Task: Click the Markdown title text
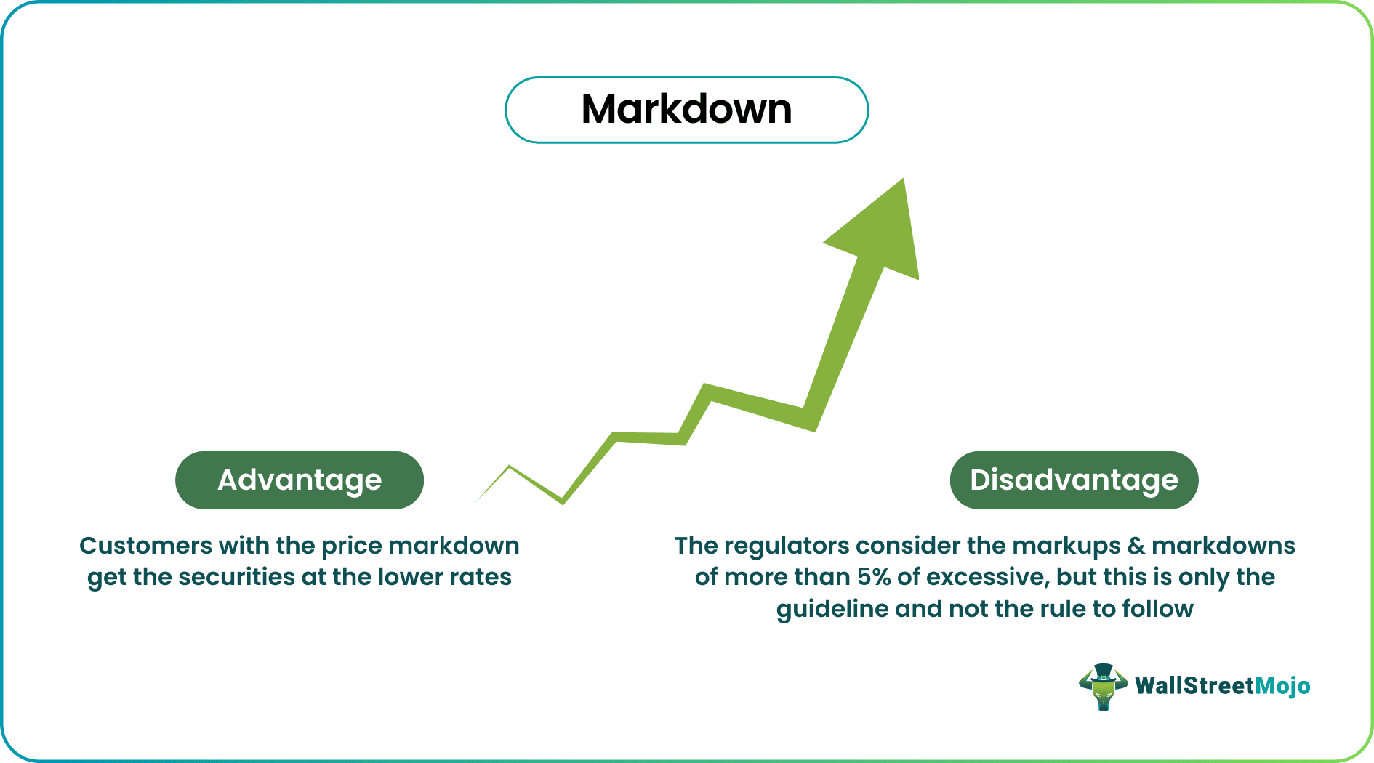coord(686,110)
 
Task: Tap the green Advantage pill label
coord(300,480)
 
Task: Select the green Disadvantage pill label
coord(1074,480)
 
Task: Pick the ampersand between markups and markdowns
coord(1136,546)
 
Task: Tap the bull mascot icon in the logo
coord(1103,687)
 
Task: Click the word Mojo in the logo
coord(1282,686)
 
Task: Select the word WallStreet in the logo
coord(1194,686)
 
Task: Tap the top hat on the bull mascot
coord(1103,671)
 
